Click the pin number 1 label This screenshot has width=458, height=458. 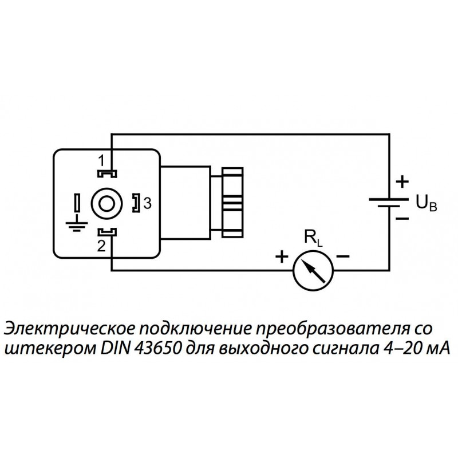(101, 159)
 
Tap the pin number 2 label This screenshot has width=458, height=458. (101, 247)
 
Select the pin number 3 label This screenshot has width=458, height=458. (147, 203)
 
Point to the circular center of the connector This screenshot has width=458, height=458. (106, 202)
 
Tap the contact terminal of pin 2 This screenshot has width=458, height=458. (106, 232)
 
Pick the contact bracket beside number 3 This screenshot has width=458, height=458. (136, 203)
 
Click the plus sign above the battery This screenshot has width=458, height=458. (403, 182)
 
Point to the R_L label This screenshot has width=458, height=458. (313, 238)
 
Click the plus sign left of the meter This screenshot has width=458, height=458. (281, 257)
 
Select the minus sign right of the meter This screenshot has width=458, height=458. (342, 257)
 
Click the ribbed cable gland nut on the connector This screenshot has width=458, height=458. (232, 202)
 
